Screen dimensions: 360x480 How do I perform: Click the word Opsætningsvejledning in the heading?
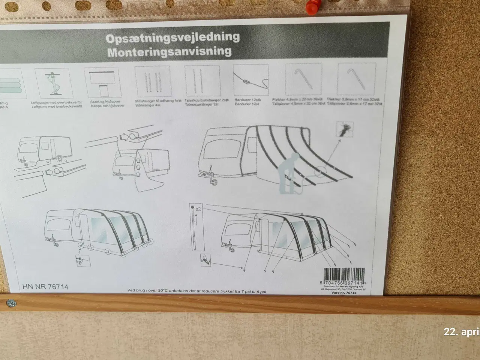(173, 37)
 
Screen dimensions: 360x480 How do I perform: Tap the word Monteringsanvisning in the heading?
(169, 51)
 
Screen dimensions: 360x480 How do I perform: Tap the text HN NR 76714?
(45, 287)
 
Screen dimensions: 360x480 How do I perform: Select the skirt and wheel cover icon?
(100, 83)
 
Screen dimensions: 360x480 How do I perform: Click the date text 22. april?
(461, 332)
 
